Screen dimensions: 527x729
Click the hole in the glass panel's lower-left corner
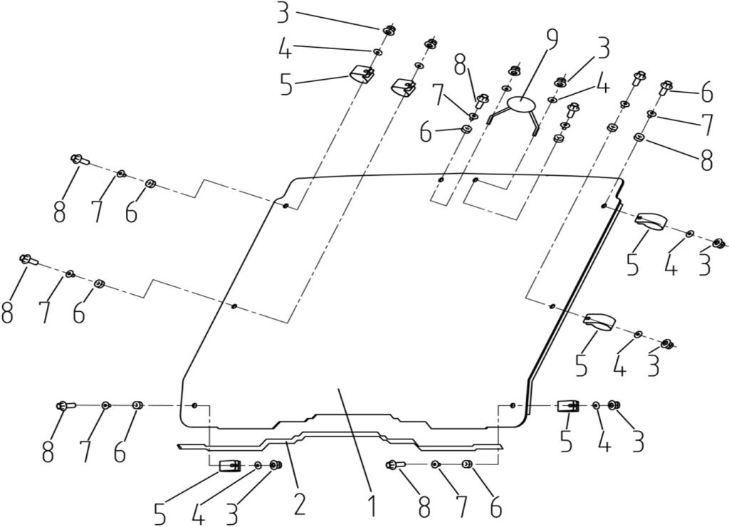point(194,405)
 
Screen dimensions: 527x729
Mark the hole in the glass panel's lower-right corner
point(513,405)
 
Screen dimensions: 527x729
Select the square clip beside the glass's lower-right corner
point(567,406)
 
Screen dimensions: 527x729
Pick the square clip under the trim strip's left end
point(229,466)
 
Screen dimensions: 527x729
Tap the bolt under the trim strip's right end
point(394,465)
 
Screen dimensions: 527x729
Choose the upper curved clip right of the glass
point(649,221)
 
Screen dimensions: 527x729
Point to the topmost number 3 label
point(283,14)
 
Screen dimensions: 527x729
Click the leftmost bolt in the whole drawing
point(26,259)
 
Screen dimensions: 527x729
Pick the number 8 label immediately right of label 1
point(424,507)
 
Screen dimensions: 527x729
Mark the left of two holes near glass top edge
point(441,179)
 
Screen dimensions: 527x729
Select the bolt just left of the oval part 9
point(481,100)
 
